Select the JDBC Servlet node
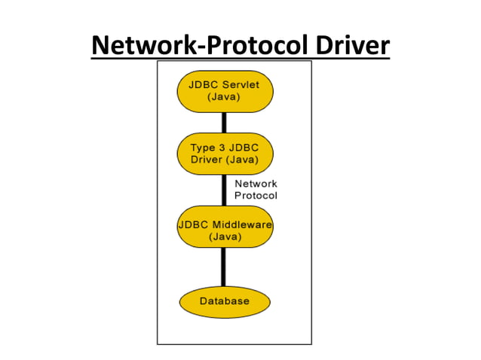tap(224, 91)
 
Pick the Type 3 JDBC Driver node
tap(224, 153)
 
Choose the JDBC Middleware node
tap(224, 230)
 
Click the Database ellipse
tap(224, 301)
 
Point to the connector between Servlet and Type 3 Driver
tap(224, 122)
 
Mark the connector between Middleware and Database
tap(224, 267)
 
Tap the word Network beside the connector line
tap(256, 184)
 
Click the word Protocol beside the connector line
tap(256, 196)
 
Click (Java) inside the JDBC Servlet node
tap(224, 97)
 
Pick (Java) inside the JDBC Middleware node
tap(224, 236)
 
